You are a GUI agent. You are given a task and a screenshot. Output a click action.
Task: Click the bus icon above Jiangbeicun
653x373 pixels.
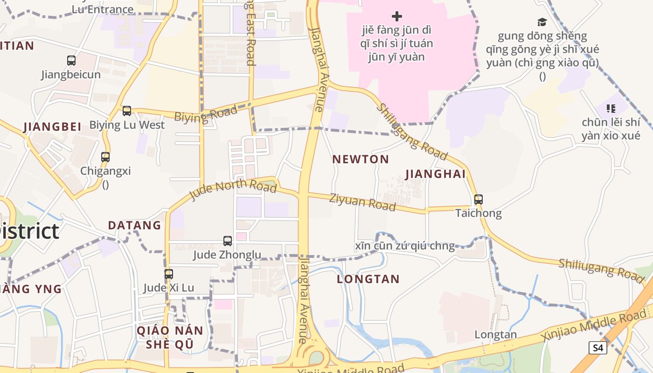tap(71, 60)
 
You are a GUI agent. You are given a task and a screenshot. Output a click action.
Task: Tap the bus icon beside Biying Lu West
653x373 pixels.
tap(127, 111)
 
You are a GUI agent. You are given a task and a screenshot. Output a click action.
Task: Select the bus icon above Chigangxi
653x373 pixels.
tap(105, 157)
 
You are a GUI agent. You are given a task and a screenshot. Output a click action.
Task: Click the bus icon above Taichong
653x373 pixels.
tap(478, 200)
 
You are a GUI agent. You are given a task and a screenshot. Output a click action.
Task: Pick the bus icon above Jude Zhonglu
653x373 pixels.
tap(228, 241)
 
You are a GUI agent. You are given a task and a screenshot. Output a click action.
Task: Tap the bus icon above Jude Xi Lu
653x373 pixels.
tap(169, 274)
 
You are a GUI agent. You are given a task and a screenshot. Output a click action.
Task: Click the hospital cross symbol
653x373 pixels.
tap(397, 17)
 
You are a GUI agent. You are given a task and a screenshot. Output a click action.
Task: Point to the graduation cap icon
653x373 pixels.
tap(542, 22)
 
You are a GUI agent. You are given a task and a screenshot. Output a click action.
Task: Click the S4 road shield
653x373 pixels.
tap(597, 347)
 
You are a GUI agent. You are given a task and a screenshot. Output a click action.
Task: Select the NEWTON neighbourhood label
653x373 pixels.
tap(361, 159)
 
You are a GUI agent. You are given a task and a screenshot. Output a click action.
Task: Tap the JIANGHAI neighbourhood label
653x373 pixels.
tap(436, 174)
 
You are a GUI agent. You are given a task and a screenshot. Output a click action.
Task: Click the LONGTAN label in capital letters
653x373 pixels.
tap(368, 279)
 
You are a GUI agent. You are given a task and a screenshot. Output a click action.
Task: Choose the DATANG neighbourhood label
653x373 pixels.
tap(134, 226)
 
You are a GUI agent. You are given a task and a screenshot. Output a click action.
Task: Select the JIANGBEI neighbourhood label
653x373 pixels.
tap(52, 126)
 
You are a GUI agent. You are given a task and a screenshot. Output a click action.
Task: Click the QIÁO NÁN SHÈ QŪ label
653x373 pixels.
tap(170, 337)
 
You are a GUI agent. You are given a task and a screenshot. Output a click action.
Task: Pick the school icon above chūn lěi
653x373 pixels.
tap(611, 109)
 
